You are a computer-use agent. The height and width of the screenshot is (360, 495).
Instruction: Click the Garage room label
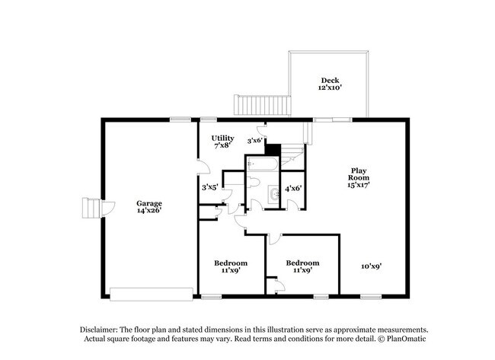tap(149, 207)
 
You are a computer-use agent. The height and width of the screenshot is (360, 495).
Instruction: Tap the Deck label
tap(330, 84)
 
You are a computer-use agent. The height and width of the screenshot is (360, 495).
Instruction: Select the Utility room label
tap(222, 142)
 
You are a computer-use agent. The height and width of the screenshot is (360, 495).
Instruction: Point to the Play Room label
tap(359, 177)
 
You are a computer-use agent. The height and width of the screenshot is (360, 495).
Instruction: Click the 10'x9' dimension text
tap(372, 266)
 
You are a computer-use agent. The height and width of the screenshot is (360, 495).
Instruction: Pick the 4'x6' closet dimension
tap(293, 189)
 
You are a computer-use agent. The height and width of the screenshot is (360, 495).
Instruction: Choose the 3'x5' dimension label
tap(210, 187)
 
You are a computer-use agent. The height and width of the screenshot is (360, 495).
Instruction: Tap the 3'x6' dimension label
tap(255, 141)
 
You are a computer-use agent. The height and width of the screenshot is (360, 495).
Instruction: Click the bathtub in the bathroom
tap(263, 164)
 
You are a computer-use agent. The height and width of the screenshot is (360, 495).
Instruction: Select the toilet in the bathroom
tap(254, 183)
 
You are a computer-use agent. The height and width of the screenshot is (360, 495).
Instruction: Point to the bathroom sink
tap(273, 195)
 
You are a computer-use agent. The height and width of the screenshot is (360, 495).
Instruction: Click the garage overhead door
tap(152, 294)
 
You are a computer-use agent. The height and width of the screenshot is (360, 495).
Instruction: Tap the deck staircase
tap(262, 105)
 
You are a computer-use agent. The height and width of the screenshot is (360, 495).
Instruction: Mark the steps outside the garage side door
tap(91, 208)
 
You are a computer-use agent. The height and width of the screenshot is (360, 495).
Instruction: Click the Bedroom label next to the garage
tap(231, 266)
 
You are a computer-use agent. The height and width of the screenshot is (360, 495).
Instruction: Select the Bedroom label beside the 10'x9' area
tap(303, 266)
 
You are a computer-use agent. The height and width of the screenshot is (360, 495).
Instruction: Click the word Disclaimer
tap(99, 330)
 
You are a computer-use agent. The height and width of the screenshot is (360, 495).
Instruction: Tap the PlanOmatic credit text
tap(407, 339)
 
